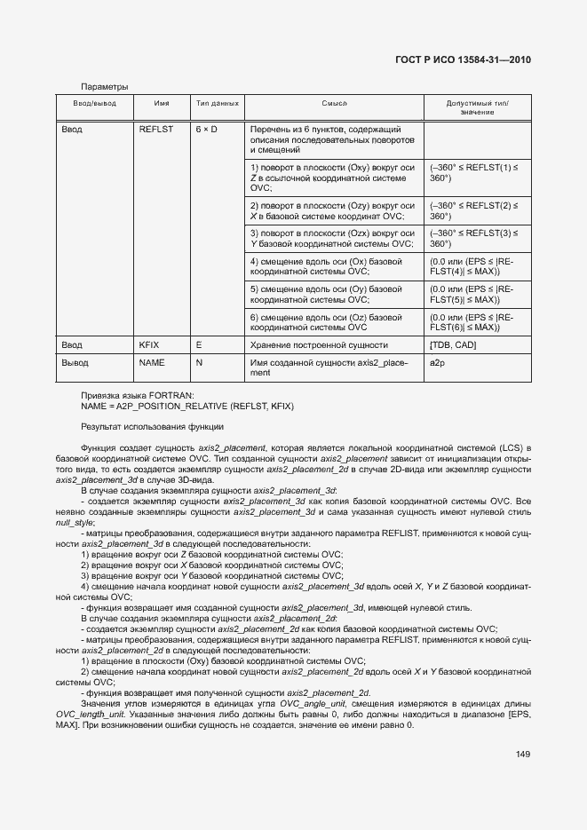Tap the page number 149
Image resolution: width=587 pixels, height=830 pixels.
pos(522,755)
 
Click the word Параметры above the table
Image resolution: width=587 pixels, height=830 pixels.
pos(105,87)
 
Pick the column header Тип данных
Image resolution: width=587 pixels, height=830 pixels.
pos(218,104)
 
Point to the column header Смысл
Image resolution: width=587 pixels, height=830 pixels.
pos(334,104)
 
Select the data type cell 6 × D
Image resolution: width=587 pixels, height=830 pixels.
pos(207,130)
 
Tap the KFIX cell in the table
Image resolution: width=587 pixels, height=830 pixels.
pos(148,344)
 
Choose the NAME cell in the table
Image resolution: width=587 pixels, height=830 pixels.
pos(152,363)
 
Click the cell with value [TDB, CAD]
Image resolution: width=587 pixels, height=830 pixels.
pos(453,344)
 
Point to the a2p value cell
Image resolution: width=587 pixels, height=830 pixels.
pos(436,363)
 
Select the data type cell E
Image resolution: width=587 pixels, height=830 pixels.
pos(199,344)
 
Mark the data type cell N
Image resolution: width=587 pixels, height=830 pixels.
pos(199,363)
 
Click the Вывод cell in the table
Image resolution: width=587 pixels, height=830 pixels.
pos(75,363)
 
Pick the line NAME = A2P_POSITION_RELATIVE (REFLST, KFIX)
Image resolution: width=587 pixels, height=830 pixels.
pos(186,406)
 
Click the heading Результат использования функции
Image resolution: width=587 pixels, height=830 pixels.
pos(139,427)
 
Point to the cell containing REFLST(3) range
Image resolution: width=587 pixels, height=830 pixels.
pos(478,238)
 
